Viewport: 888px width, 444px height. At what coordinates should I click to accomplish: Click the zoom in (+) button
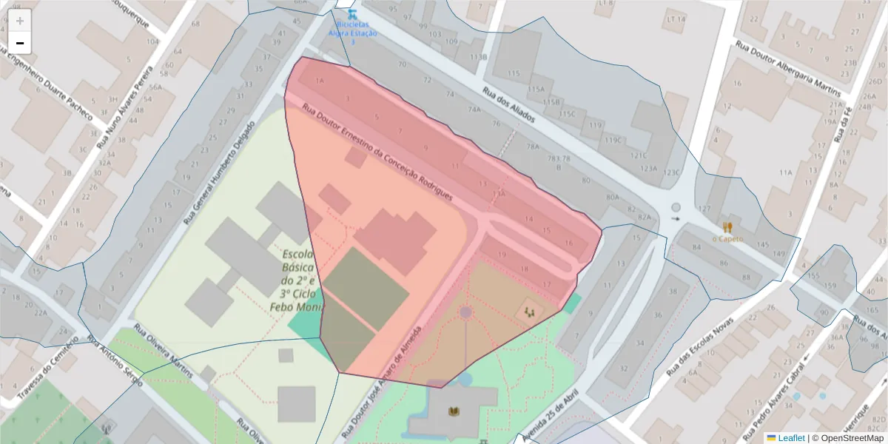pos(20,21)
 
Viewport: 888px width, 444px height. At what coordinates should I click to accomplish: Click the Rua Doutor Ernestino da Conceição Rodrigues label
pos(377,153)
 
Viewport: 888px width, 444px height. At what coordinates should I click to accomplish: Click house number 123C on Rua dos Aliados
pos(670,172)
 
